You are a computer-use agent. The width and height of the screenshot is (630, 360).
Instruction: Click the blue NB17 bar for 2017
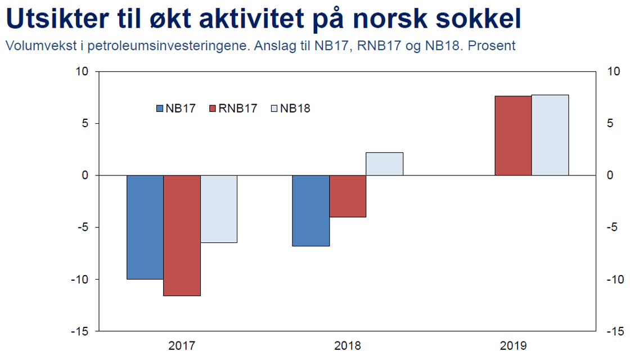(x=145, y=227)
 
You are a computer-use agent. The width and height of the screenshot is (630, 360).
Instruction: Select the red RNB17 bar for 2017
(x=182, y=235)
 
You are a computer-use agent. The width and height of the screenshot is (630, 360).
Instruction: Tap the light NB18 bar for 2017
(x=219, y=209)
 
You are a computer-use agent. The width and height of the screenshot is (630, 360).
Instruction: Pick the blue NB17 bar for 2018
(x=310, y=210)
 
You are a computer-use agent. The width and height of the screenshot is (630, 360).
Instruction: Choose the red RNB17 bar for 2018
(x=348, y=196)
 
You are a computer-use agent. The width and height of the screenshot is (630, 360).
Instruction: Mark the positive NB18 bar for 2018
(x=385, y=164)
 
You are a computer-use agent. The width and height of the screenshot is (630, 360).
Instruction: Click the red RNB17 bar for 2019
(x=513, y=136)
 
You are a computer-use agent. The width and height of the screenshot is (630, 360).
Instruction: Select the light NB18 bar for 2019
(x=550, y=135)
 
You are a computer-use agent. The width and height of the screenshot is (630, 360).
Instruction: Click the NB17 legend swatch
(x=160, y=109)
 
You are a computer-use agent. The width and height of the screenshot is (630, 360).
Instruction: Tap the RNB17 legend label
(x=237, y=109)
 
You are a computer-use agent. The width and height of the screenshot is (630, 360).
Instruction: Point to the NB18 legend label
(x=295, y=109)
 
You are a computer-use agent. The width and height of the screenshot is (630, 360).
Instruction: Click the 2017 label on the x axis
(x=182, y=345)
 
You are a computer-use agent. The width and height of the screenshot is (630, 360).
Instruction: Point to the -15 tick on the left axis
(x=80, y=331)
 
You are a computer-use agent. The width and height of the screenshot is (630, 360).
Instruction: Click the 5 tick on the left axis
(x=85, y=124)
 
